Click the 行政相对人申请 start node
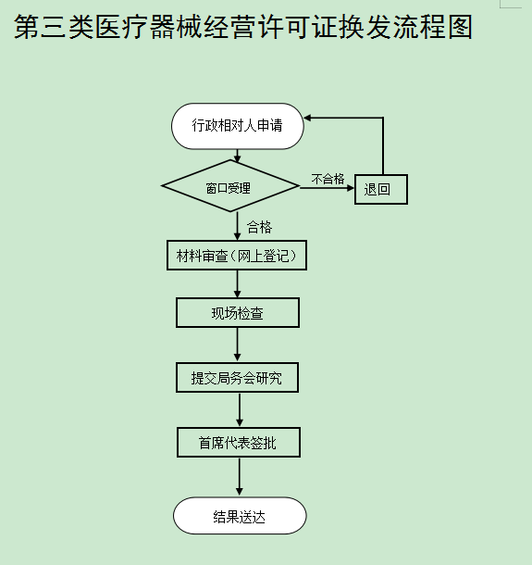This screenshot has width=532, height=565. click(238, 126)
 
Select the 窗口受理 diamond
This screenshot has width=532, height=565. click(230, 186)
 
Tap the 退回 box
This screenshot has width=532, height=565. click(381, 189)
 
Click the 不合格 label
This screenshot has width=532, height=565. click(328, 179)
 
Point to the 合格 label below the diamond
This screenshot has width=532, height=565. click(259, 227)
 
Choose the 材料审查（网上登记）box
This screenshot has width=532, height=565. click(237, 255)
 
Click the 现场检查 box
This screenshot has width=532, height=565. click(238, 313)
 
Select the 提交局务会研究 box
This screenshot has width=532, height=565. click(237, 378)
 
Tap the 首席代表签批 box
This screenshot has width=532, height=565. click(239, 443)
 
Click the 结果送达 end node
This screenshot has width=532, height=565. click(240, 516)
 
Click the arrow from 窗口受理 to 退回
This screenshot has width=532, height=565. click(327, 188)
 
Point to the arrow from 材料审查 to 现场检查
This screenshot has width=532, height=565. click(237, 284)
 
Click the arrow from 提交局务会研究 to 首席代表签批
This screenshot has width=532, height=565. click(240, 410)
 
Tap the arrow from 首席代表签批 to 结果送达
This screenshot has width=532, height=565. click(240, 477)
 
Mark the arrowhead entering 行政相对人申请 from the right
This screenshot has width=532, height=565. click(308, 118)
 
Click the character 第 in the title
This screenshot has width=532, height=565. click(27, 27)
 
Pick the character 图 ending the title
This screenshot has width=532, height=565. click(460, 27)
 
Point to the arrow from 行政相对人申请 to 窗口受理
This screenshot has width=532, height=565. click(237, 156)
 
